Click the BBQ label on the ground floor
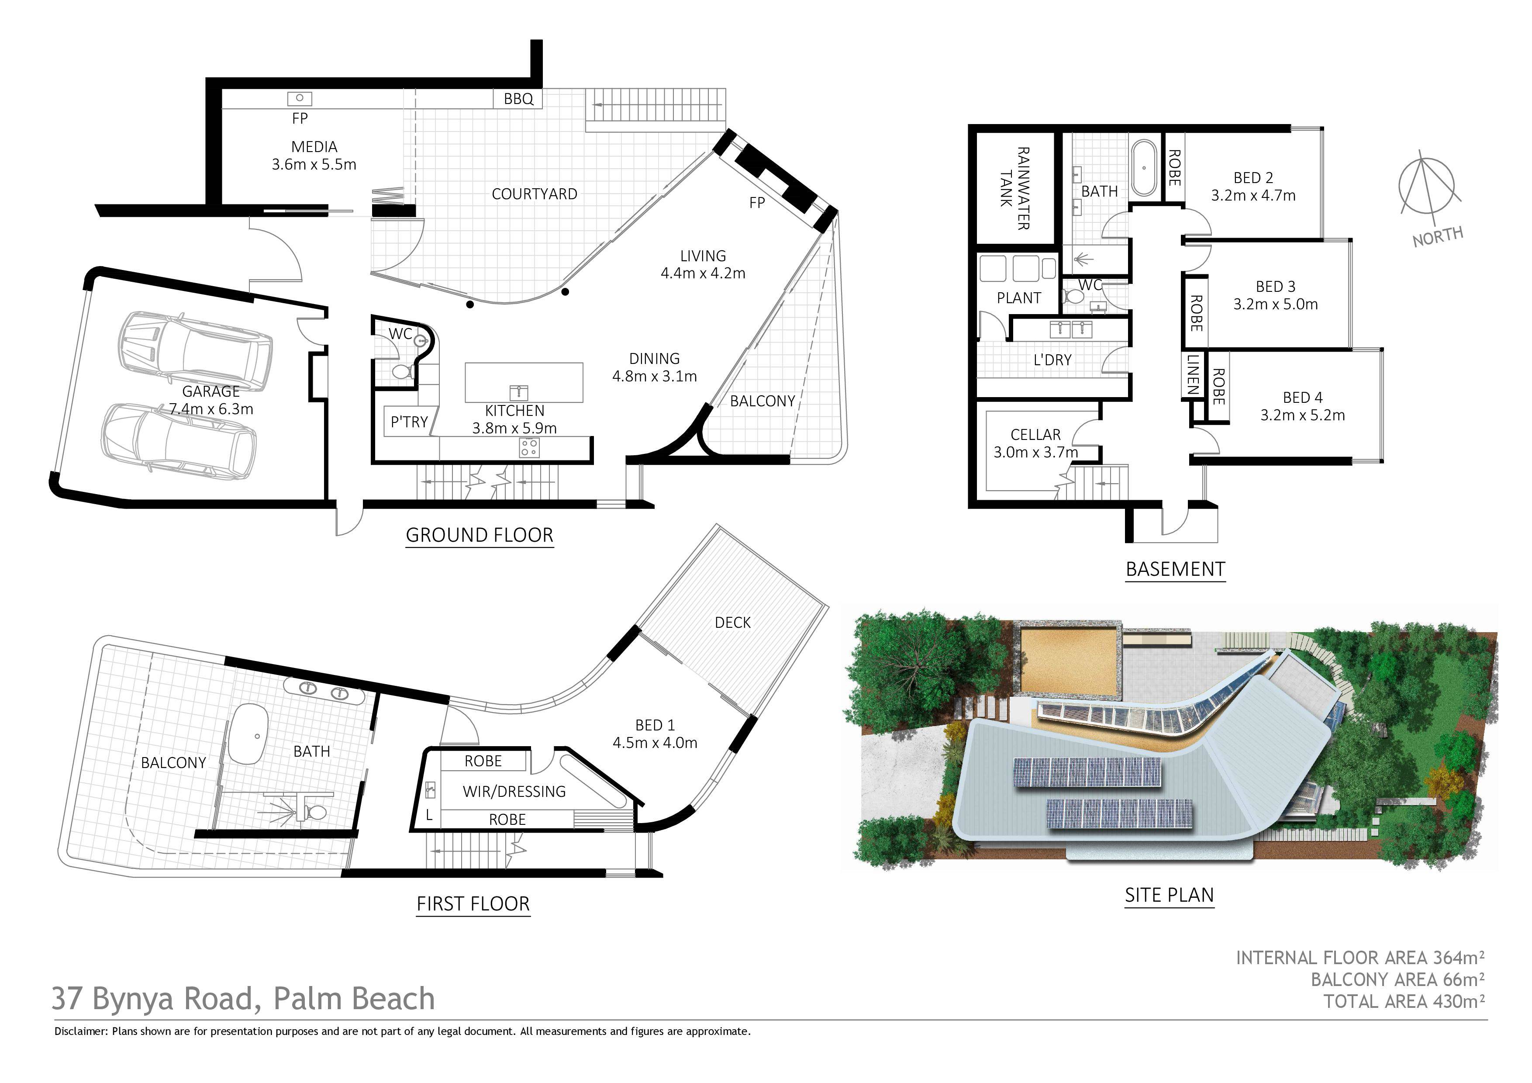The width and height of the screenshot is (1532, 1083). point(518,99)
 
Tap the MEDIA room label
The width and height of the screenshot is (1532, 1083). point(314,147)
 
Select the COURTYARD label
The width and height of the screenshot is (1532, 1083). point(535,194)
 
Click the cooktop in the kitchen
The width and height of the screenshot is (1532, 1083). point(529,448)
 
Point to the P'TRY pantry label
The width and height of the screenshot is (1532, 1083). point(409,422)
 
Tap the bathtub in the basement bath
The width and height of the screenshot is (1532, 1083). point(1145,167)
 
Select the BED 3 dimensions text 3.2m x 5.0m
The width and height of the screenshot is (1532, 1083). point(1275,304)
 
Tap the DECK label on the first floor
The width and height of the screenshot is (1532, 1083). point(733,623)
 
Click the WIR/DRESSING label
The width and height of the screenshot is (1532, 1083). point(514,792)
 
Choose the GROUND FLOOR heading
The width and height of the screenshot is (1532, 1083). point(480,535)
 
